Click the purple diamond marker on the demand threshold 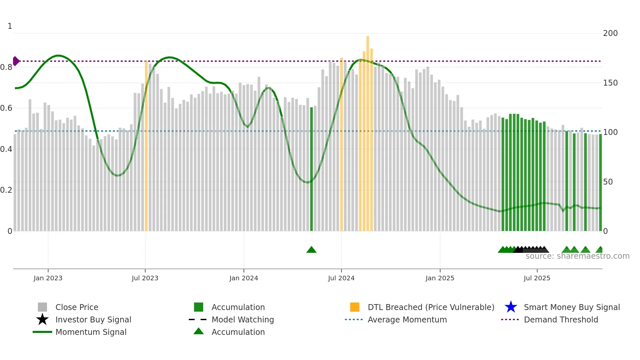(16, 61)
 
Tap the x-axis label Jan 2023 (48, 278)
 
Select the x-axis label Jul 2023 (145, 278)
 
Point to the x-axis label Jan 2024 (244, 278)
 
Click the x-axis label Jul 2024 (341, 278)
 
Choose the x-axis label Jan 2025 (440, 278)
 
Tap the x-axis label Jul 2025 (537, 278)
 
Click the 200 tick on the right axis (610, 33)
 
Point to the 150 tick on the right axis (610, 83)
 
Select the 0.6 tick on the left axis (6, 108)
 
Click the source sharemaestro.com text (577, 256)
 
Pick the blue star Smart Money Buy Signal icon (511, 307)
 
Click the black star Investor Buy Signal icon (42, 319)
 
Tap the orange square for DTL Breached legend (355, 307)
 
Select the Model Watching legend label (243, 319)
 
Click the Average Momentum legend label (407, 319)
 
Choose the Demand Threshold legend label (561, 319)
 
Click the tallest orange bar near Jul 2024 (368, 131)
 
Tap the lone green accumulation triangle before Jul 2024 (312, 250)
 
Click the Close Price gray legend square (42, 307)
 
